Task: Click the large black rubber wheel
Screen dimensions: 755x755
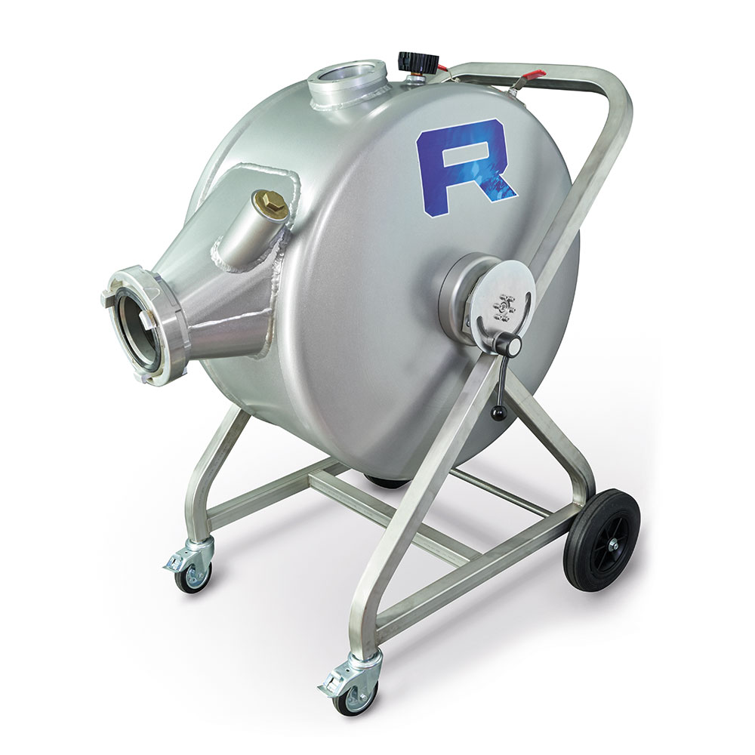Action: (602, 539)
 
